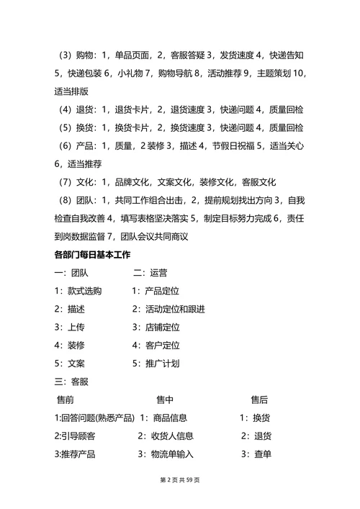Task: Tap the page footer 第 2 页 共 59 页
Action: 180,479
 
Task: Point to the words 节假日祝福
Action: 234,145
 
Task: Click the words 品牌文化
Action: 130,182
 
